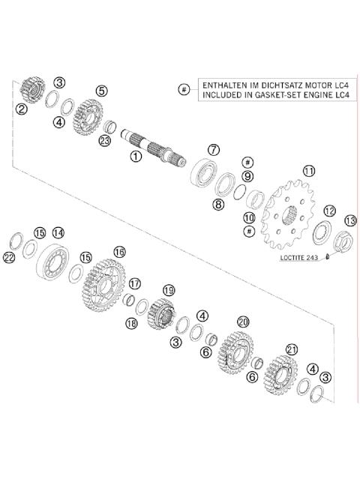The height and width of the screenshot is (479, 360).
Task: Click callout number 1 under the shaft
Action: [136, 157]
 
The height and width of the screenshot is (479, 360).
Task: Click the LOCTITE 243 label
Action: [302, 257]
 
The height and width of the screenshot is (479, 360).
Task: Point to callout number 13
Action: [349, 220]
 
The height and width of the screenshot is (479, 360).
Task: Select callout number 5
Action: [101, 91]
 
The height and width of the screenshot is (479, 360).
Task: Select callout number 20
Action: [242, 321]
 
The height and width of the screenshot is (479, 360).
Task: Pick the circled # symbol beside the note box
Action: [184, 90]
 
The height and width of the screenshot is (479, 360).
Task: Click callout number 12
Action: [329, 211]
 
